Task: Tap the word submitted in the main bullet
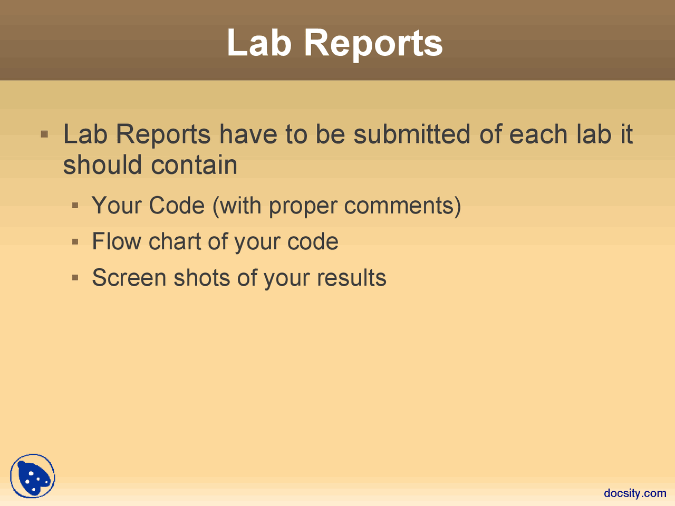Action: pyautogui.click(x=412, y=134)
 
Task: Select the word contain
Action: pyautogui.click(x=194, y=164)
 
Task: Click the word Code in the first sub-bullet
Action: pyautogui.click(x=177, y=205)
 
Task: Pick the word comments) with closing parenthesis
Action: pyautogui.click(x=402, y=206)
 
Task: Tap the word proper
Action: pyautogui.click(x=303, y=207)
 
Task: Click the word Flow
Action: pyautogui.click(x=117, y=241)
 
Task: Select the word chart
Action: pyautogui.click(x=175, y=241)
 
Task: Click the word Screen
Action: pyautogui.click(x=129, y=277)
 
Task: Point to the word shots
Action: pyautogui.click(x=202, y=277)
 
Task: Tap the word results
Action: pyautogui.click(x=352, y=277)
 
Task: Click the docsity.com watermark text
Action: pyautogui.click(x=635, y=493)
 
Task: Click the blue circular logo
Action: pyautogui.click(x=33, y=476)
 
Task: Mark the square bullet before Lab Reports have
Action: pyautogui.click(x=44, y=134)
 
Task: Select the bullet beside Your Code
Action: pyautogui.click(x=75, y=206)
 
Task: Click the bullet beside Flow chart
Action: pyautogui.click(x=75, y=242)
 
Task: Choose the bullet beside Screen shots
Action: pyautogui.click(x=75, y=278)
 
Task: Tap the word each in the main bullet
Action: pyautogui.click(x=538, y=134)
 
